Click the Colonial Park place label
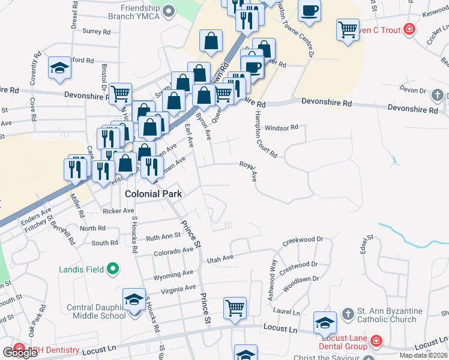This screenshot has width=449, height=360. tap(153, 194)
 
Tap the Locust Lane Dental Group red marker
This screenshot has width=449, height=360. tap(376, 341)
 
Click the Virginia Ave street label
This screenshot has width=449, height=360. tap(178, 289)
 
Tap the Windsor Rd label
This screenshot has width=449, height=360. tap(282, 127)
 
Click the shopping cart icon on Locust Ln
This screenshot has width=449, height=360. tap(235, 308)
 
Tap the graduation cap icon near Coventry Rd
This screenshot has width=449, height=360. tap(59, 68)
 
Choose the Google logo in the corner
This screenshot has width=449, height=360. tap(20, 352)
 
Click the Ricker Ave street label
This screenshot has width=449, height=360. tap(118, 211)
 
